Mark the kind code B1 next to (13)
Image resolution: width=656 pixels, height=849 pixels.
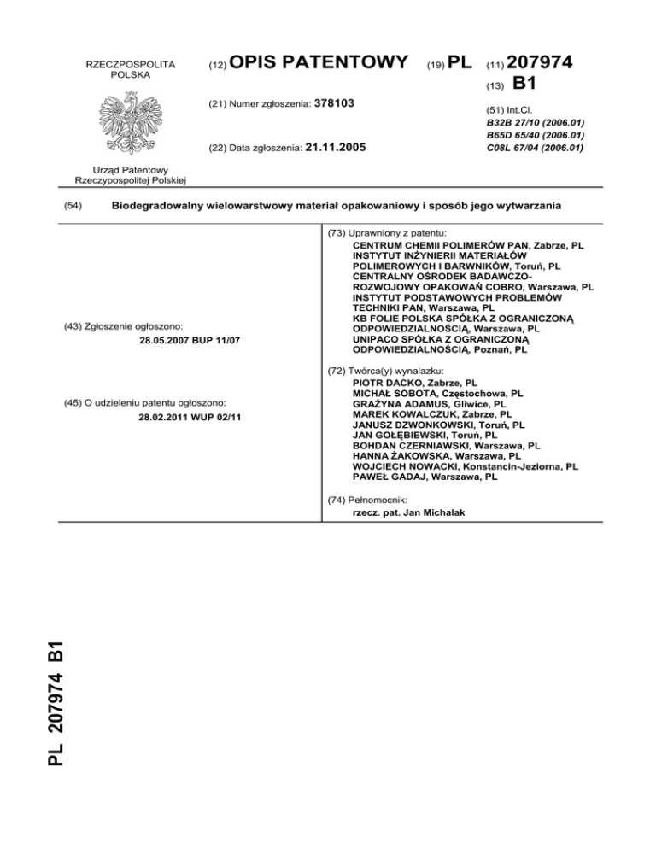pyautogui.click(x=524, y=85)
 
